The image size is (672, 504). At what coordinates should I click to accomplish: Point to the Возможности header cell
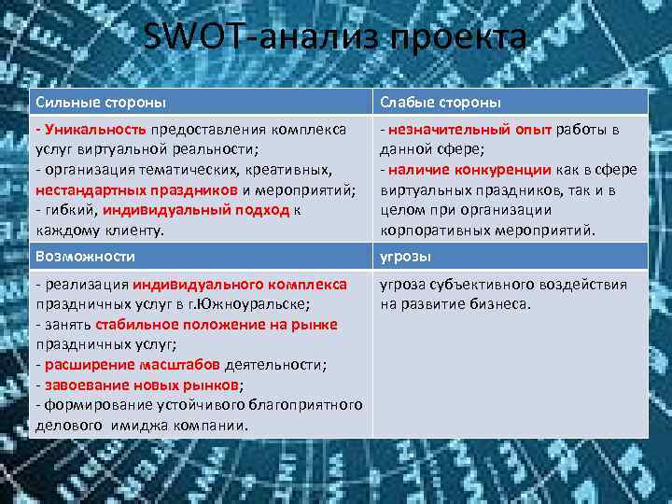point(85,255)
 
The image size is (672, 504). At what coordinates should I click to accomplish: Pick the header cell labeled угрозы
point(402,255)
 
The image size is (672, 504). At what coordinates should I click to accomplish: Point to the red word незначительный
point(446,129)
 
